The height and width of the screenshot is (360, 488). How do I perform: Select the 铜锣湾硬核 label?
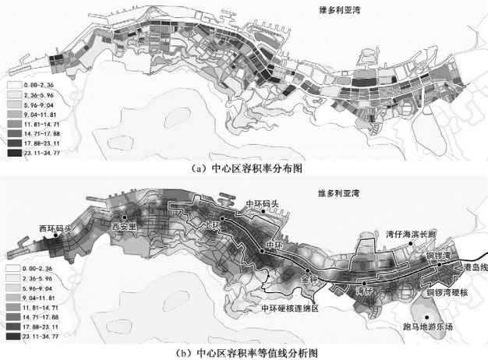click(x=445, y=293)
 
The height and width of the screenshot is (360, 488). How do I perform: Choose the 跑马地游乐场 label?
click(x=425, y=326)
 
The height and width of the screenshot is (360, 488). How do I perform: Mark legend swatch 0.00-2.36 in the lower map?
click(x=13, y=268)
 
